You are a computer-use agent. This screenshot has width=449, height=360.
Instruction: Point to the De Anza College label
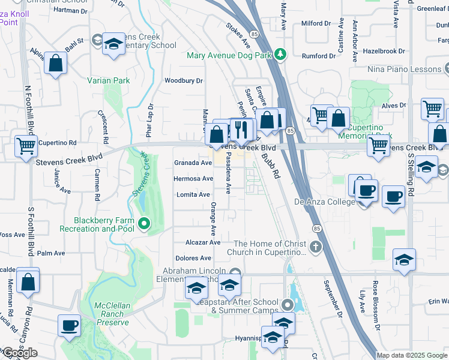click(x=324, y=202)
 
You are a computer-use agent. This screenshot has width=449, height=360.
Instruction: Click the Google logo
click(x=19, y=353)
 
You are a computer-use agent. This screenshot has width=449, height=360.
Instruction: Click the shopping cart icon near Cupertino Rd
click(x=25, y=145)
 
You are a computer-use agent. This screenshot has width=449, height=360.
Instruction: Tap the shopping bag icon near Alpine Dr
click(x=55, y=64)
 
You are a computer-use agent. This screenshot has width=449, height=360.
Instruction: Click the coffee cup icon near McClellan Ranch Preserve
click(x=69, y=326)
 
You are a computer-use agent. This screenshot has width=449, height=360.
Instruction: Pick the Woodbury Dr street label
click(x=184, y=80)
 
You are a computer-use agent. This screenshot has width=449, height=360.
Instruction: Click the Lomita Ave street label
click(x=193, y=194)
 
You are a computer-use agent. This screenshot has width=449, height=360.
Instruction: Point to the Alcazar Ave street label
click(x=203, y=242)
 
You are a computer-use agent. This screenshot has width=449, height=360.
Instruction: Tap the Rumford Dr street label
click(x=319, y=56)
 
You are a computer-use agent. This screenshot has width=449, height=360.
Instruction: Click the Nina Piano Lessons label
click(x=405, y=70)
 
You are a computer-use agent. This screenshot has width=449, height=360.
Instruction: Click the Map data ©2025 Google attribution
click(x=412, y=355)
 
